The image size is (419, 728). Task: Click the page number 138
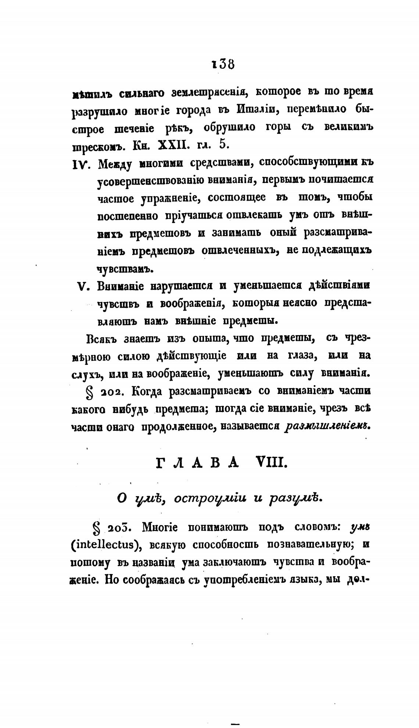223,64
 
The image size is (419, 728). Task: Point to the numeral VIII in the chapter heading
271,463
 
